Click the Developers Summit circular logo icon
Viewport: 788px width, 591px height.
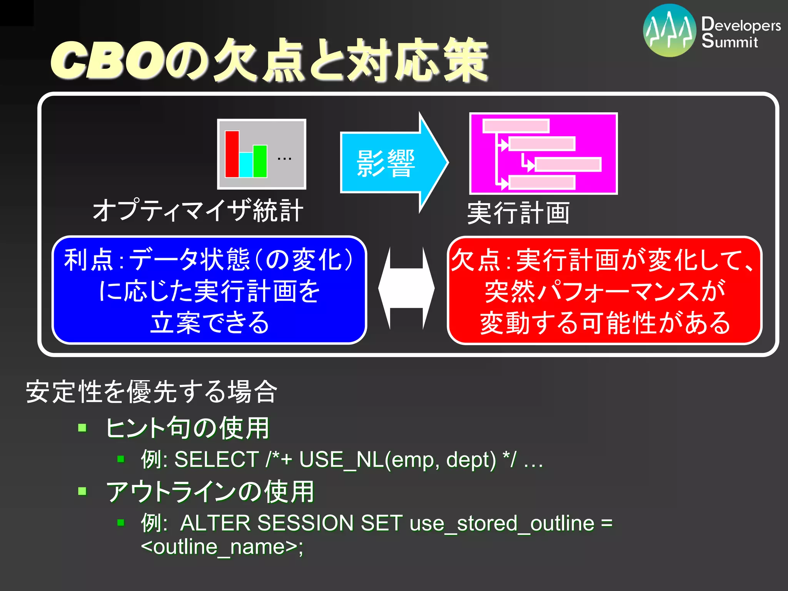669,31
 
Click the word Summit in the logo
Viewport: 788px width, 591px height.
729,41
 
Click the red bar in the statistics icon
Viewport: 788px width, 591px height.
232,154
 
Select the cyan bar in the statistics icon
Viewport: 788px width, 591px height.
246,164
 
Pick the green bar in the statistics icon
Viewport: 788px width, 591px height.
260,161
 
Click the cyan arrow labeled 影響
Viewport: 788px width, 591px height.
392,163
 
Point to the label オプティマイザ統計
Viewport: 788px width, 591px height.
198,210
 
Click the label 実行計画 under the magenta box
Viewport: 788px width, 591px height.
518,213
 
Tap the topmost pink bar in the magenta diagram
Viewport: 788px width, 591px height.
516,126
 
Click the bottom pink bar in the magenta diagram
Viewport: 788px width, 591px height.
542,182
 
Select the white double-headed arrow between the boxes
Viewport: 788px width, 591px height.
406,288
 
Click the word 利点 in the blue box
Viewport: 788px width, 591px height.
89,260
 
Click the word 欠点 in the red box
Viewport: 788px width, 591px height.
476,260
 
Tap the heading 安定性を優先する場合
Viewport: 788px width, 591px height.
152,392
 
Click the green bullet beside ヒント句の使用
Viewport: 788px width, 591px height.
82,428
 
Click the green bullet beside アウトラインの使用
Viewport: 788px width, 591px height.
82,491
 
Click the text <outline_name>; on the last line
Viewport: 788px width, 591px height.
222,547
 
